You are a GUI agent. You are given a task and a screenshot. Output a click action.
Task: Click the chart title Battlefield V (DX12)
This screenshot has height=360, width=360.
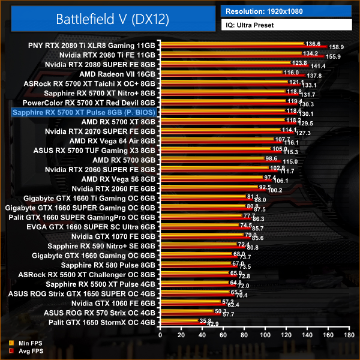point(112,18)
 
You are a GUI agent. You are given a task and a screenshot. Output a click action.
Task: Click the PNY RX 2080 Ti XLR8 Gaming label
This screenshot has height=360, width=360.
point(92,45)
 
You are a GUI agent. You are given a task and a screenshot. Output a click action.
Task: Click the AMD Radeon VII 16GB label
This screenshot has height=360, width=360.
point(118,74)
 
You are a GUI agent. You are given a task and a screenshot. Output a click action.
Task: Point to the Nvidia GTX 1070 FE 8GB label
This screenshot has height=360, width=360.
point(113,237)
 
